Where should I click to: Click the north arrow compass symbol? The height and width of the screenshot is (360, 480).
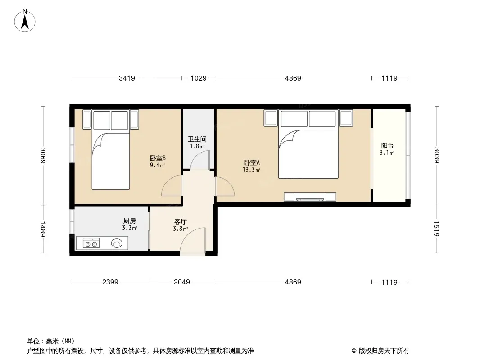tap(25, 21)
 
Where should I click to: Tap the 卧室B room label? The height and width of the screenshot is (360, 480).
tap(158, 158)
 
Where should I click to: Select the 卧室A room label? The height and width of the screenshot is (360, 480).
tap(252, 163)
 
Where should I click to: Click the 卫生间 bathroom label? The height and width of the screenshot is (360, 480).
tap(197, 139)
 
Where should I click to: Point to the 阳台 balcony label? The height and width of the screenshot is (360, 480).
tap(387, 146)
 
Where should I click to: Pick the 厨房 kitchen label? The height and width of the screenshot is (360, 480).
tap(130, 220)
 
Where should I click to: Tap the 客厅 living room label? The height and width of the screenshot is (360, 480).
tap(180, 221)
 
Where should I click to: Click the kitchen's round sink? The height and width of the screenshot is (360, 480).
tap(117, 243)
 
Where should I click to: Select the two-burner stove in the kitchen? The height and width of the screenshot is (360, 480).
tap(91, 243)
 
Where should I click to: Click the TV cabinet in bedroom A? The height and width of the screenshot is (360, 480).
tap(310, 197)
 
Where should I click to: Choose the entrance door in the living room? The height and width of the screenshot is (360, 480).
tap(193, 241)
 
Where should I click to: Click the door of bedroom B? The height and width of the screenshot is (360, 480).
tap(172, 186)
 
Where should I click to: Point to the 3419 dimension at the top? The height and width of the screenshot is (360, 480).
tap(127, 78)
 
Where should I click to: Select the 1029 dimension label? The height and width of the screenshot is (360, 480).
tap(199, 78)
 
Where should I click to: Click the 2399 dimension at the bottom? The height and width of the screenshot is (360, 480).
tap(110, 282)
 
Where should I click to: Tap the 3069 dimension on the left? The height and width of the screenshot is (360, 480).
tap(43, 155)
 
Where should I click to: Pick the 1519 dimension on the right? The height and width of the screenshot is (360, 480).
tap(436, 229)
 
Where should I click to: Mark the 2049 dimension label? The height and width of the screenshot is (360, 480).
tap(182, 282)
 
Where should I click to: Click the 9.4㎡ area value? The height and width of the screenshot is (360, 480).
tap(157, 166)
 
